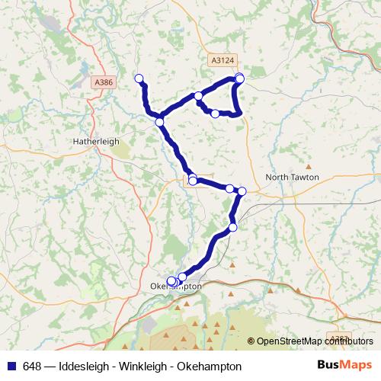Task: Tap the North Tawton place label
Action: coord(292,177)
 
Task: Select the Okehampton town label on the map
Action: coord(177,287)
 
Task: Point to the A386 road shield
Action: coord(104,82)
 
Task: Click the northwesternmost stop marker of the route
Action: coord(139,78)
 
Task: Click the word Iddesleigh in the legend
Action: coord(82,367)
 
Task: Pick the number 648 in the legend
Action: coord(33,367)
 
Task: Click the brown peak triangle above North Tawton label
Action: coord(309,165)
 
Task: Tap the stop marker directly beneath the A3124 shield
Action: coord(240,78)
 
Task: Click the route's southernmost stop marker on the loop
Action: coord(215,114)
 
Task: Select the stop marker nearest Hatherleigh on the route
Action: coord(160,122)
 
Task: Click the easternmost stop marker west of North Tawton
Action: coord(242,191)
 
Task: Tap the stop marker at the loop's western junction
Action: coord(198,96)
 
